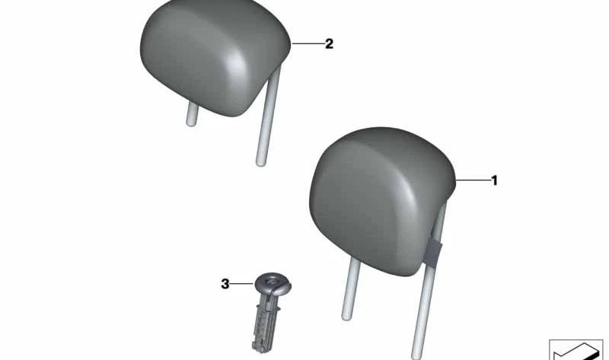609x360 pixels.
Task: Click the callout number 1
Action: [494, 180]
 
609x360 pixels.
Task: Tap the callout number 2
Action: [329, 44]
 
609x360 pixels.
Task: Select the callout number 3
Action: [225, 284]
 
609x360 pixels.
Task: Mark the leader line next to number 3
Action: [243, 284]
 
